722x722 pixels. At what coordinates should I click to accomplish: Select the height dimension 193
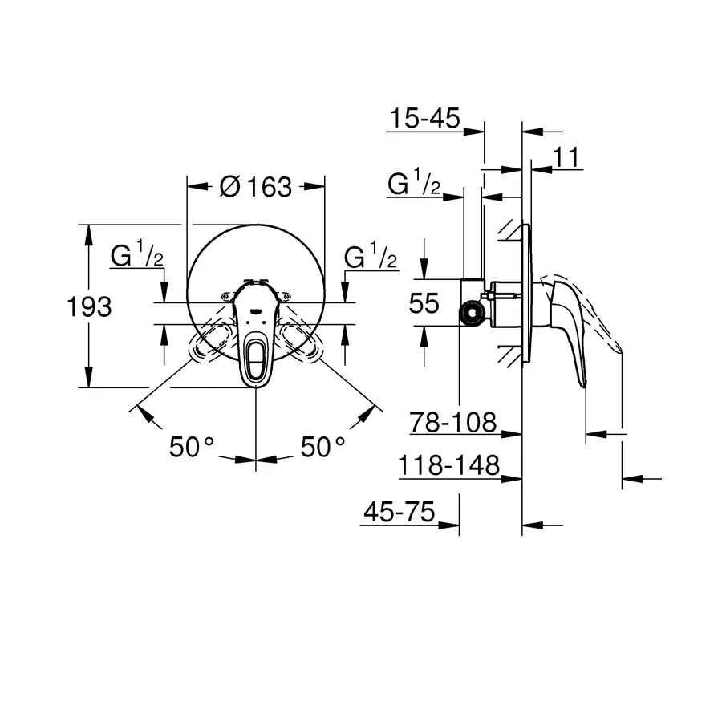pyautogui.click(x=89, y=306)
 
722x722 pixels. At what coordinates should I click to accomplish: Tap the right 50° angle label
pyautogui.click(x=322, y=447)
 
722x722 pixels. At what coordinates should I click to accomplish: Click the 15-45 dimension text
pyautogui.click(x=424, y=120)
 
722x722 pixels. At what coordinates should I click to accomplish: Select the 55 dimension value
pyautogui.click(x=424, y=303)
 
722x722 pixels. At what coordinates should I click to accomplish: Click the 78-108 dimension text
pyautogui.click(x=453, y=422)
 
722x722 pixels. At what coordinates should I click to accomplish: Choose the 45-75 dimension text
pyautogui.click(x=398, y=512)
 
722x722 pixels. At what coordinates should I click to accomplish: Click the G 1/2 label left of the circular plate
pyautogui.click(x=137, y=258)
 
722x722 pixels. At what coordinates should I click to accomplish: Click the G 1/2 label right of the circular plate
pyautogui.click(x=370, y=258)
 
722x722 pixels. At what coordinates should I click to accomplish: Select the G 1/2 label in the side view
pyautogui.click(x=413, y=185)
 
